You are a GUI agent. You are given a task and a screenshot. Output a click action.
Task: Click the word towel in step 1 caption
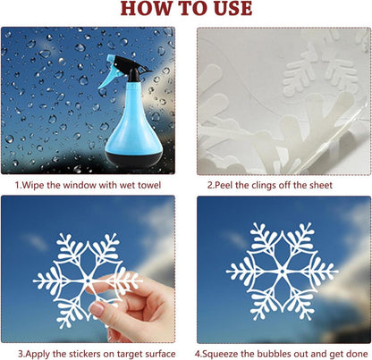click(148, 185)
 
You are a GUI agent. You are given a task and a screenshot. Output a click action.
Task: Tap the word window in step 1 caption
click(80, 185)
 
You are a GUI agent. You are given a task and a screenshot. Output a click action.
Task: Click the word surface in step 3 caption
click(160, 355)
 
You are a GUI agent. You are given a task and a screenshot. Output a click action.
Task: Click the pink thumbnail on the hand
click(97, 309)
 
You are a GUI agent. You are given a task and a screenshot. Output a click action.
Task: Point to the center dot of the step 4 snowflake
click(282, 272)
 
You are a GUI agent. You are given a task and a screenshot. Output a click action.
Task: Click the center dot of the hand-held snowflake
click(88, 280)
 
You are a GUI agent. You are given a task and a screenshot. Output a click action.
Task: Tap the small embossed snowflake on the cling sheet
click(320, 74)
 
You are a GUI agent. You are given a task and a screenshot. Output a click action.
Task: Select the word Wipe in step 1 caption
click(33, 185)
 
